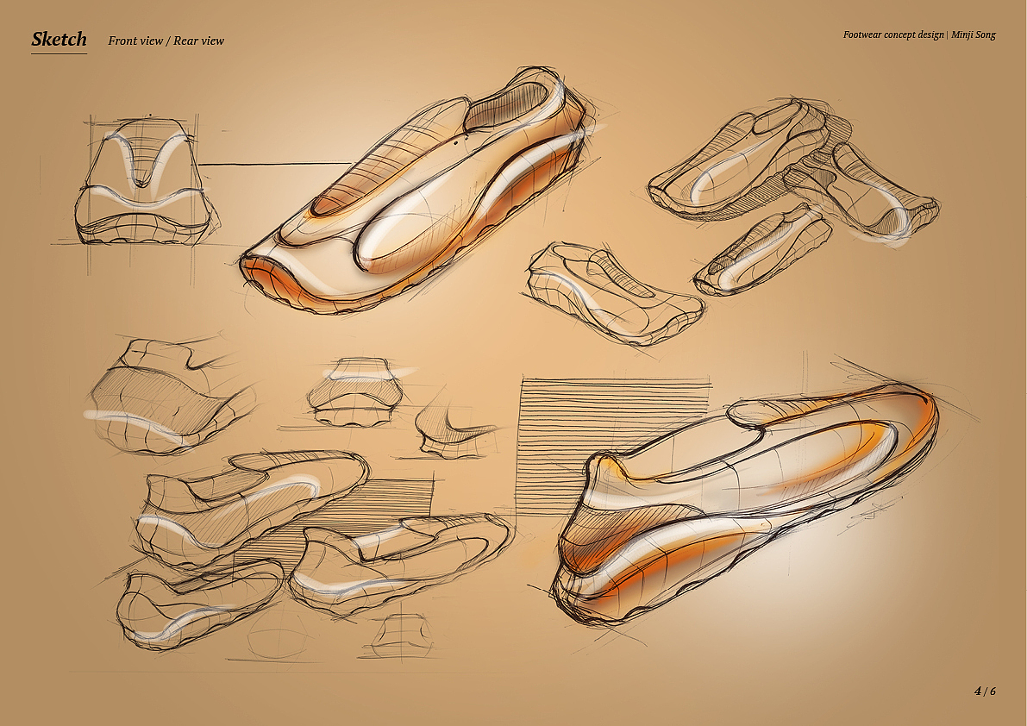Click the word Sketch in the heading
click(59, 39)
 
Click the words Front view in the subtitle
click(135, 41)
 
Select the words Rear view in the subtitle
click(198, 41)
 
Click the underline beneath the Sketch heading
click(59, 53)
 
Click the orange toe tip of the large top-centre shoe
click(259, 272)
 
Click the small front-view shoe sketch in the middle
click(354, 392)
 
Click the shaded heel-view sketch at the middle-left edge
click(164, 397)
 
